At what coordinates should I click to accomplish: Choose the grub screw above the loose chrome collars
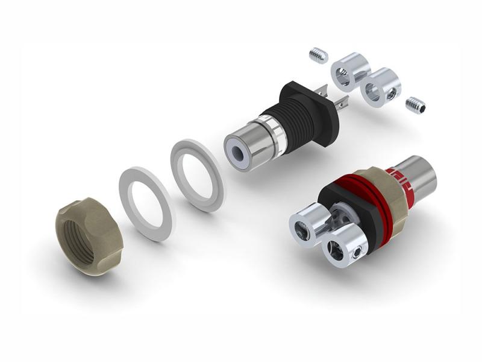319,56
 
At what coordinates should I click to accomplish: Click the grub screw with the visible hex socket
416,106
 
